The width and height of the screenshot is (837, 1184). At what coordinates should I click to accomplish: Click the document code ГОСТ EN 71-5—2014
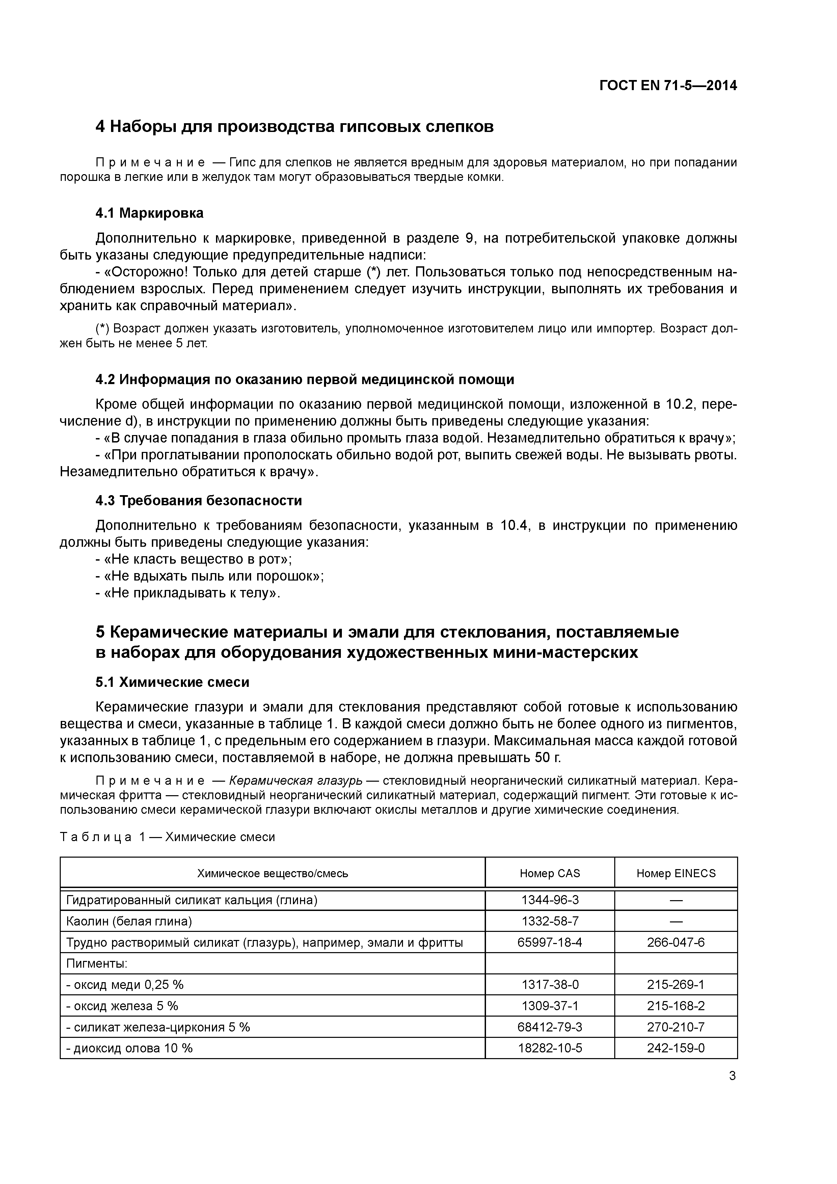[x=668, y=86]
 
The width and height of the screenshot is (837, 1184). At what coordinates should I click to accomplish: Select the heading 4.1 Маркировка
[x=150, y=213]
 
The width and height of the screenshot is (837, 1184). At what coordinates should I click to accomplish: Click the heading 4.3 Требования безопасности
[x=198, y=500]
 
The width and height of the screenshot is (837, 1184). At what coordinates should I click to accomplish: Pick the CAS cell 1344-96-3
[x=550, y=900]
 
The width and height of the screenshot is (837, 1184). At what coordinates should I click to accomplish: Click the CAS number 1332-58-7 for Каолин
[x=550, y=921]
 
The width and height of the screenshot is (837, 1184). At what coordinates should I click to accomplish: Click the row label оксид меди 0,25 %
[x=125, y=985]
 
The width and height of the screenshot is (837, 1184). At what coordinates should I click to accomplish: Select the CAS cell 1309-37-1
[x=550, y=1005]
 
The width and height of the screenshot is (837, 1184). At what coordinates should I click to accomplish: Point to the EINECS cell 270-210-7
[x=676, y=1027]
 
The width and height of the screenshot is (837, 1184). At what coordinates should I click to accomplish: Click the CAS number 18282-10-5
[x=550, y=1048]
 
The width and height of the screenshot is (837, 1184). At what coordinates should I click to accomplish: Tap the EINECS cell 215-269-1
[x=676, y=985]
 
